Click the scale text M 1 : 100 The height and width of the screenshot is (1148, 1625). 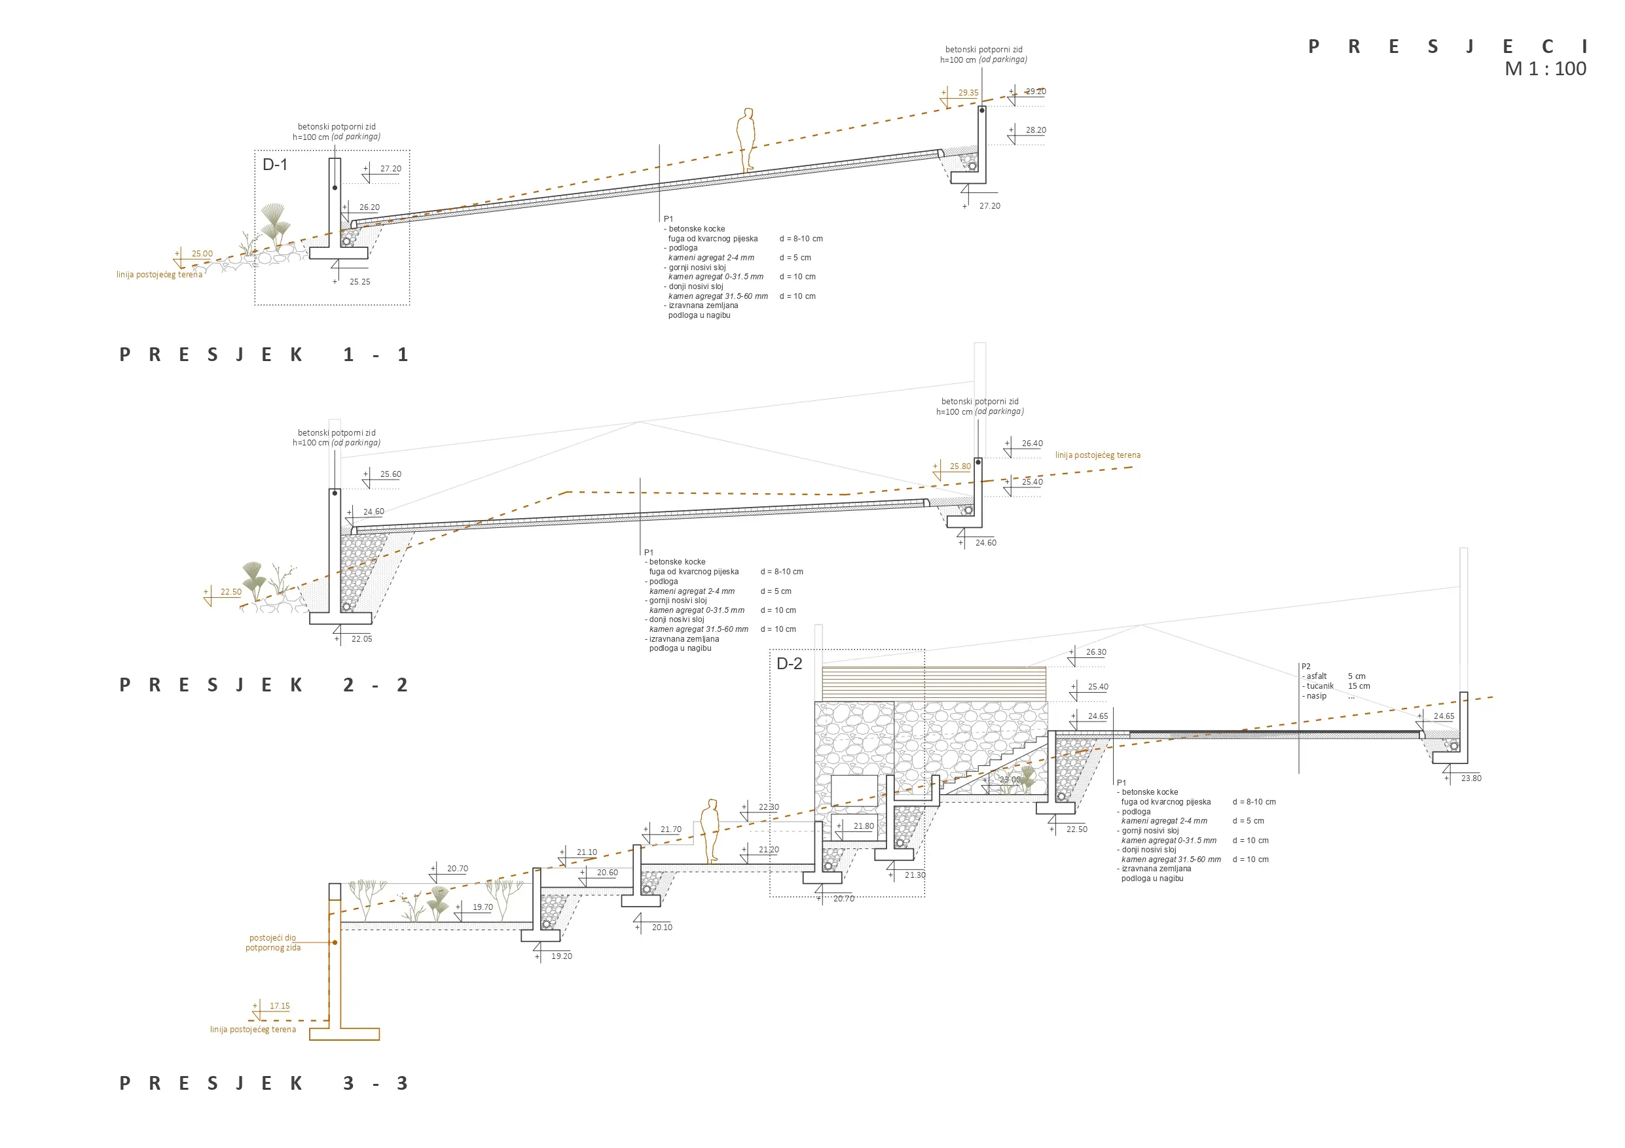click(1545, 69)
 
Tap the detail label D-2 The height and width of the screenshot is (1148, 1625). click(789, 663)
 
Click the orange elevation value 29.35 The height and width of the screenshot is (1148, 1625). click(968, 93)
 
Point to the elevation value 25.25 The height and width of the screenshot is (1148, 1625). click(359, 281)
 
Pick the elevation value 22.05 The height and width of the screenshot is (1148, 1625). click(361, 638)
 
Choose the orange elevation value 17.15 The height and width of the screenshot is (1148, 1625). click(280, 1006)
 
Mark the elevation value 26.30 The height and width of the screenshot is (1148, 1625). click(1095, 652)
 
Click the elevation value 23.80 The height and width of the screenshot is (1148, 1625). click(1470, 778)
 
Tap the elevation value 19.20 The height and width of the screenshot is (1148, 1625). click(561, 956)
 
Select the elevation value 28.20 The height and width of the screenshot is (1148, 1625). click(1036, 130)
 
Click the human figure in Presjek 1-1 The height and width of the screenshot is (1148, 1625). click(746, 139)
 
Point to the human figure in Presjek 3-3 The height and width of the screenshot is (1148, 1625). click(710, 831)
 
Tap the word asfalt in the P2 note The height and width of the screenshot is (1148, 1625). click(1317, 676)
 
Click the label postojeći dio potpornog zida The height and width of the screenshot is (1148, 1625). click(273, 943)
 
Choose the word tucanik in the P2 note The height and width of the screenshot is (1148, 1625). click(1320, 686)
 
